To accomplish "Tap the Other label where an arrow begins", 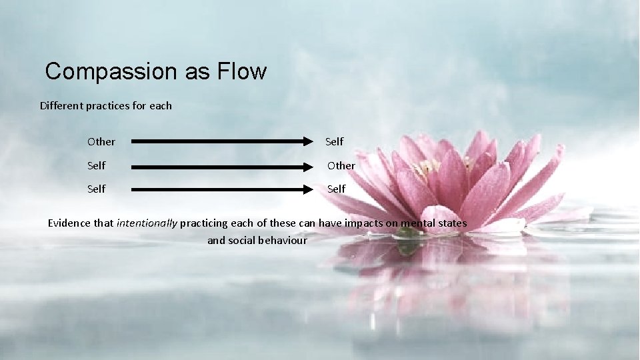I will [101, 142].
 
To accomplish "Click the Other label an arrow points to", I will [341, 165].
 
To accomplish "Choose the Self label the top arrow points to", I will [334, 141].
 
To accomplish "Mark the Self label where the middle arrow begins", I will [96, 165].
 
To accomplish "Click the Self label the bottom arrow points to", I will [336, 189].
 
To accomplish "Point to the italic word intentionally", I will [147, 223].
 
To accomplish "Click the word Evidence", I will [71, 223].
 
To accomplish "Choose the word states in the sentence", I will [453, 223].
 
